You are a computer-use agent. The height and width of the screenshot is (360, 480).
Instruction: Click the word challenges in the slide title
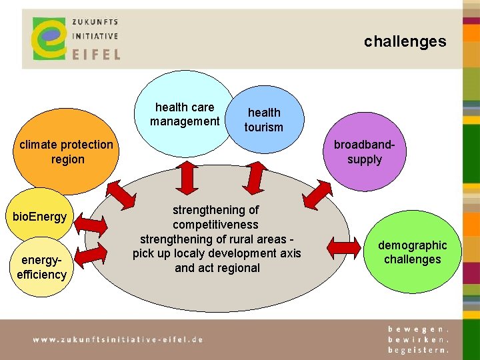coord(405,41)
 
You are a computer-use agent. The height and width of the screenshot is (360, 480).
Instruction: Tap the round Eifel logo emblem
coord(48,39)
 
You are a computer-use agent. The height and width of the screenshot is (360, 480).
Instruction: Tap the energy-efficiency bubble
coord(41,267)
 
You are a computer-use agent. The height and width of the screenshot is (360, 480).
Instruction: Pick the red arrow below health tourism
coord(253,176)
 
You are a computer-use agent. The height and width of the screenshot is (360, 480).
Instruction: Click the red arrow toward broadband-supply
coord(317,195)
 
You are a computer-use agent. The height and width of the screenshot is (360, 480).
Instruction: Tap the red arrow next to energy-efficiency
coord(93,254)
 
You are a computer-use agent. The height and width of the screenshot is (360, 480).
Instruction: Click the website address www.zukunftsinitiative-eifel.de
coord(118,339)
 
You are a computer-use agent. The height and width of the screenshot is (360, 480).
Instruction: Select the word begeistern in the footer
coord(419,349)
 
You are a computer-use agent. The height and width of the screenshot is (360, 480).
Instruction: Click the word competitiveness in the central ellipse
coord(215,225)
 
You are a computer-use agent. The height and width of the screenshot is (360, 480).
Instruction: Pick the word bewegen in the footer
coord(419,329)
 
